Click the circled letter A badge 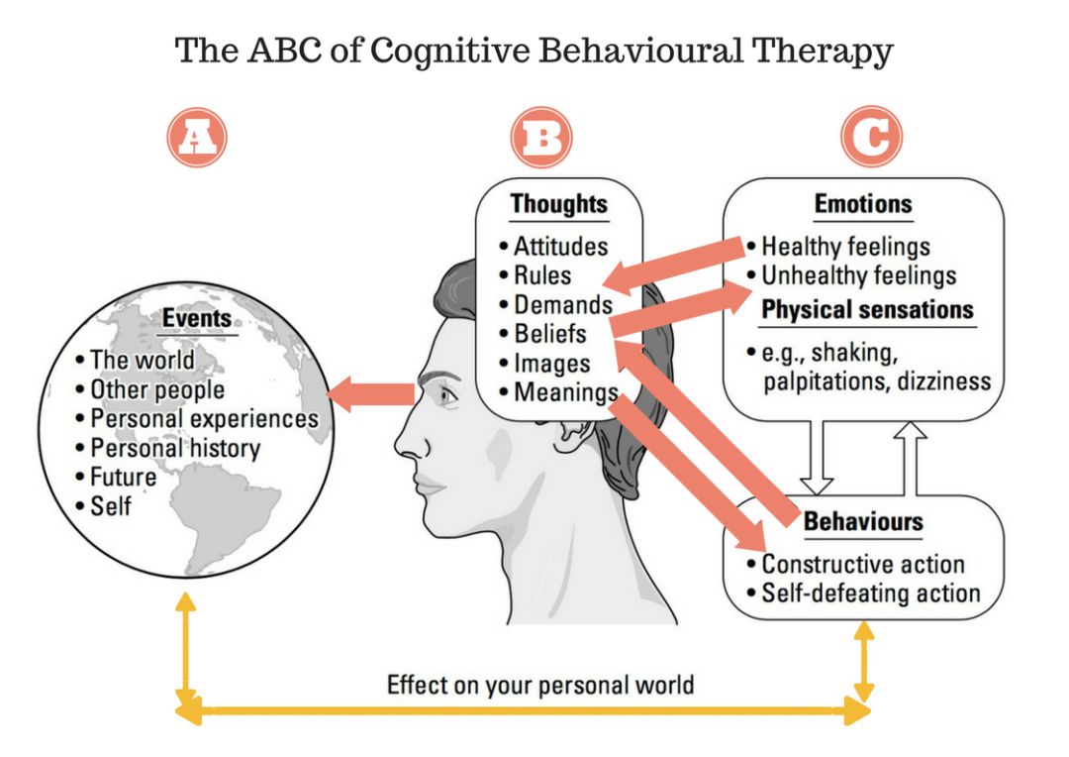(x=197, y=137)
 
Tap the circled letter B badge (x=541, y=137)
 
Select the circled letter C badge (x=871, y=137)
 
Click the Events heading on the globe (x=197, y=319)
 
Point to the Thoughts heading (x=559, y=204)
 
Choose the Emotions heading (x=863, y=204)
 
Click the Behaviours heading (x=863, y=521)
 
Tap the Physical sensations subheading (x=867, y=310)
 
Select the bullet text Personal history (x=175, y=449)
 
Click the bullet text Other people (x=157, y=389)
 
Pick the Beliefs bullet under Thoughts (x=549, y=334)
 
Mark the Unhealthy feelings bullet (x=858, y=275)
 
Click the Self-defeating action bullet (x=871, y=594)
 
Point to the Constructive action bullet (x=863, y=565)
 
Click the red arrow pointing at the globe (x=371, y=394)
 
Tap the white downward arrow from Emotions (x=816, y=457)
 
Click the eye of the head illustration (x=447, y=394)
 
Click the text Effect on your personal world (x=540, y=685)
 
